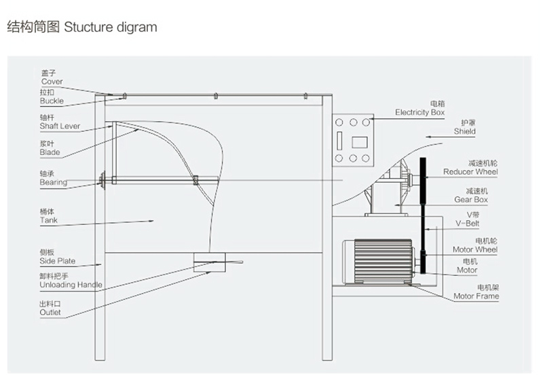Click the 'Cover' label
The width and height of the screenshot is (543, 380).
click(52, 82)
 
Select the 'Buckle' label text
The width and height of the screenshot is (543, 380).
click(52, 101)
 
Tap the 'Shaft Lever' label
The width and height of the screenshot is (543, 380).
click(60, 126)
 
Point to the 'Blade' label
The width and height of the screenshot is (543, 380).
click(50, 153)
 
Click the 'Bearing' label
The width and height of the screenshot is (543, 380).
click(53, 182)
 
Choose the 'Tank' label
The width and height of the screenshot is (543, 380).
click(49, 221)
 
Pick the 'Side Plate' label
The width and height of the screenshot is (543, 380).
click(57, 261)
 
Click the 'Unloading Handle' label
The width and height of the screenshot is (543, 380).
click(71, 286)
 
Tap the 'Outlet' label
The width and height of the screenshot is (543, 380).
click(50, 313)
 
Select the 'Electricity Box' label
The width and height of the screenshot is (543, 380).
click(420, 113)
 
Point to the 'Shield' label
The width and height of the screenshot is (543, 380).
click(465, 132)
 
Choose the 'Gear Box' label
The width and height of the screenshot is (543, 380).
click(471, 200)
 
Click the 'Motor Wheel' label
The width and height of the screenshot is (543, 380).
click(475, 249)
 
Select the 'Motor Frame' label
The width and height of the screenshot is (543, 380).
click(476, 296)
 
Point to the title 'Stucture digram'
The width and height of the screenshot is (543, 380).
click(111, 28)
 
